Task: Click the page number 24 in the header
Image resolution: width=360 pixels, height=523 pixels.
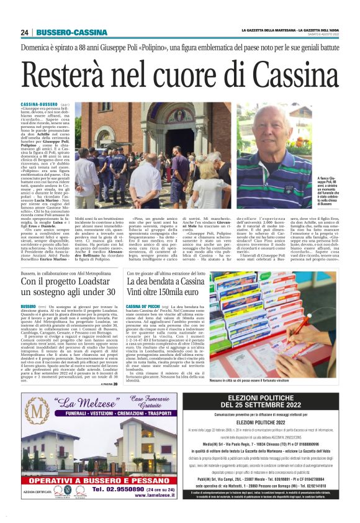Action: point(25,32)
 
